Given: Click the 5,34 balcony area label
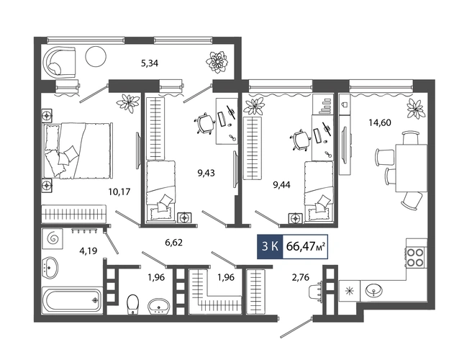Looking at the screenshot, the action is click(150, 63).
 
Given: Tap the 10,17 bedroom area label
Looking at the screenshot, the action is click(119, 192).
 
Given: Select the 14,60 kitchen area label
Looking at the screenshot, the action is click(380, 122).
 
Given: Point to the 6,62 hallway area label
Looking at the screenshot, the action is click(173, 242).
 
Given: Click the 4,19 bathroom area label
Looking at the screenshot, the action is click(88, 251).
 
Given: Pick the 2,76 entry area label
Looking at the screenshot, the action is click(301, 277).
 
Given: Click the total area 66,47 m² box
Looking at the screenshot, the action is click(305, 246).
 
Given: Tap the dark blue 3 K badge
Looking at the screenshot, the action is click(270, 246).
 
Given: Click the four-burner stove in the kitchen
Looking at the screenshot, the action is click(415, 257).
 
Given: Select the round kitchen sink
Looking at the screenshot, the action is click(374, 291).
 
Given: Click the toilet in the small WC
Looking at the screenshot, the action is click(132, 304).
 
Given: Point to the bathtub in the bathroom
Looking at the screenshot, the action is click(72, 300).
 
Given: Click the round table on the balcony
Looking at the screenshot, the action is click(96, 57).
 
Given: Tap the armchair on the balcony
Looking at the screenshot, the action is click(59, 61).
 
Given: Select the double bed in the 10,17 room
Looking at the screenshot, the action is click(78, 150).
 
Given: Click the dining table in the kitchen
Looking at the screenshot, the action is click(411, 168).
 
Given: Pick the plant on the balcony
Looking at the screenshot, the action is click(217, 62).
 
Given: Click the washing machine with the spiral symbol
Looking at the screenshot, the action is click(53, 238).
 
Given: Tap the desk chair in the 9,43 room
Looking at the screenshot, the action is click(204, 122).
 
